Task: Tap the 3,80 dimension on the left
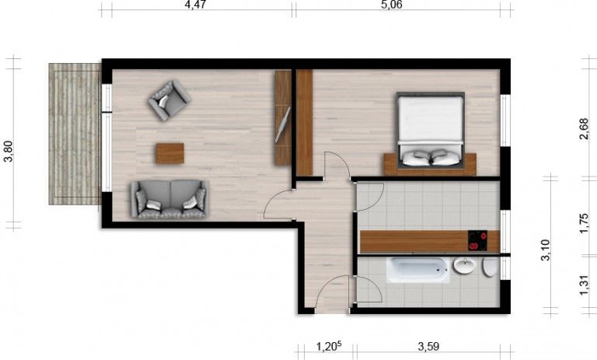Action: [x=8, y=152]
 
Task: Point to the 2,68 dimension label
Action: [x=584, y=129]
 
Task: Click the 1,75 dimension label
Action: [x=584, y=224]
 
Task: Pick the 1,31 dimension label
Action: [x=584, y=285]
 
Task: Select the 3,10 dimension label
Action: [x=545, y=250]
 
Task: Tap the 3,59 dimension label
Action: [x=428, y=347]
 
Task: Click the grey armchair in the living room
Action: [x=169, y=100]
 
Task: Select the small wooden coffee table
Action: [x=169, y=153]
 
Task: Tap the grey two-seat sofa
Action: [x=169, y=199]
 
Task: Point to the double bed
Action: [x=430, y=131]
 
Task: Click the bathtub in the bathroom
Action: [x=418, y=270]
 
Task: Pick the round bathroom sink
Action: [x=464, y=265]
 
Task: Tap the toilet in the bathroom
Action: [x=490, y=267]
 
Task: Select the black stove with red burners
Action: [x=477, y=241]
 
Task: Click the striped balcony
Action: [x=75, y=134]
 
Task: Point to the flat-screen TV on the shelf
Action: [x=283, y=124]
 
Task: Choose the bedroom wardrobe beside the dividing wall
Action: [x=304, y=122]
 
